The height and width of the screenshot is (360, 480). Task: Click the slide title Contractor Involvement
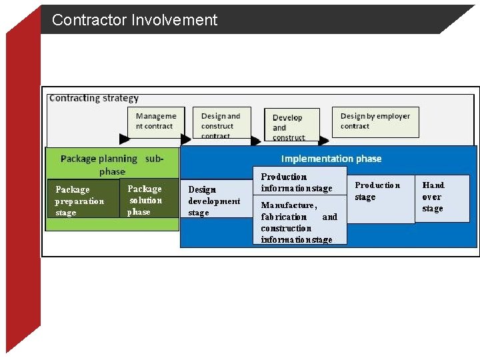point(135,20)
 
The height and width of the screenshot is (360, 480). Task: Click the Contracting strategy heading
point(94,98)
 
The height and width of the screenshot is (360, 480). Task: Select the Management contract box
point(156,121)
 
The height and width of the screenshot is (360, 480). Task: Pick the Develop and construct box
point(291,126)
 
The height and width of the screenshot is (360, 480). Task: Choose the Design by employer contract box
point(375,121)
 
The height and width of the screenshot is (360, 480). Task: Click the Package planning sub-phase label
point(111,165)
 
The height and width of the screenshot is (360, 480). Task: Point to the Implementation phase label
point(331,159)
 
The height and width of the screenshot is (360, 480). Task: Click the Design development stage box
point(215,201)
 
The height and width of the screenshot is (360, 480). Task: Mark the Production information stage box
point(299,182)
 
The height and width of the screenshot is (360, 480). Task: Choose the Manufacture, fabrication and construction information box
point(299,221)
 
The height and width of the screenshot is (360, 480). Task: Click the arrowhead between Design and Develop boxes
point(256,141)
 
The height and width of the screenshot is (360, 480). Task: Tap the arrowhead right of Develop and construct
point(323,141)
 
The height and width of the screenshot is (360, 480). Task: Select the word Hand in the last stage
point(433,185)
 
